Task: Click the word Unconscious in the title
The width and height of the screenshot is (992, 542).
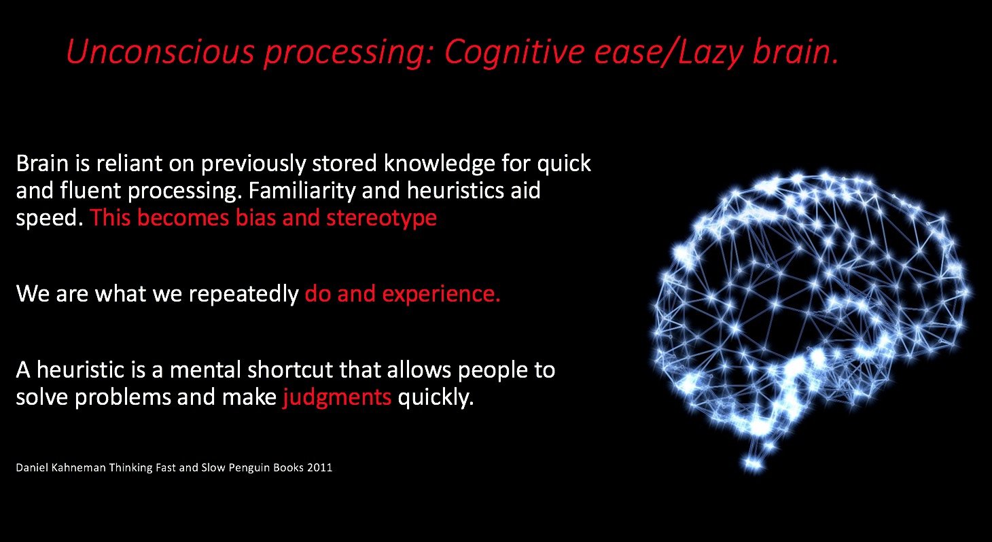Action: point(160,52)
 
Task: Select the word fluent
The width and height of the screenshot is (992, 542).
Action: point(90,190)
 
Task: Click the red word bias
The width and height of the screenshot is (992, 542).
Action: point(255,217)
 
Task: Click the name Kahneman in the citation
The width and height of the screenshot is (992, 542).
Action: point(78,467)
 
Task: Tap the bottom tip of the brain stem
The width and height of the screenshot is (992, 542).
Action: point(754,466)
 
